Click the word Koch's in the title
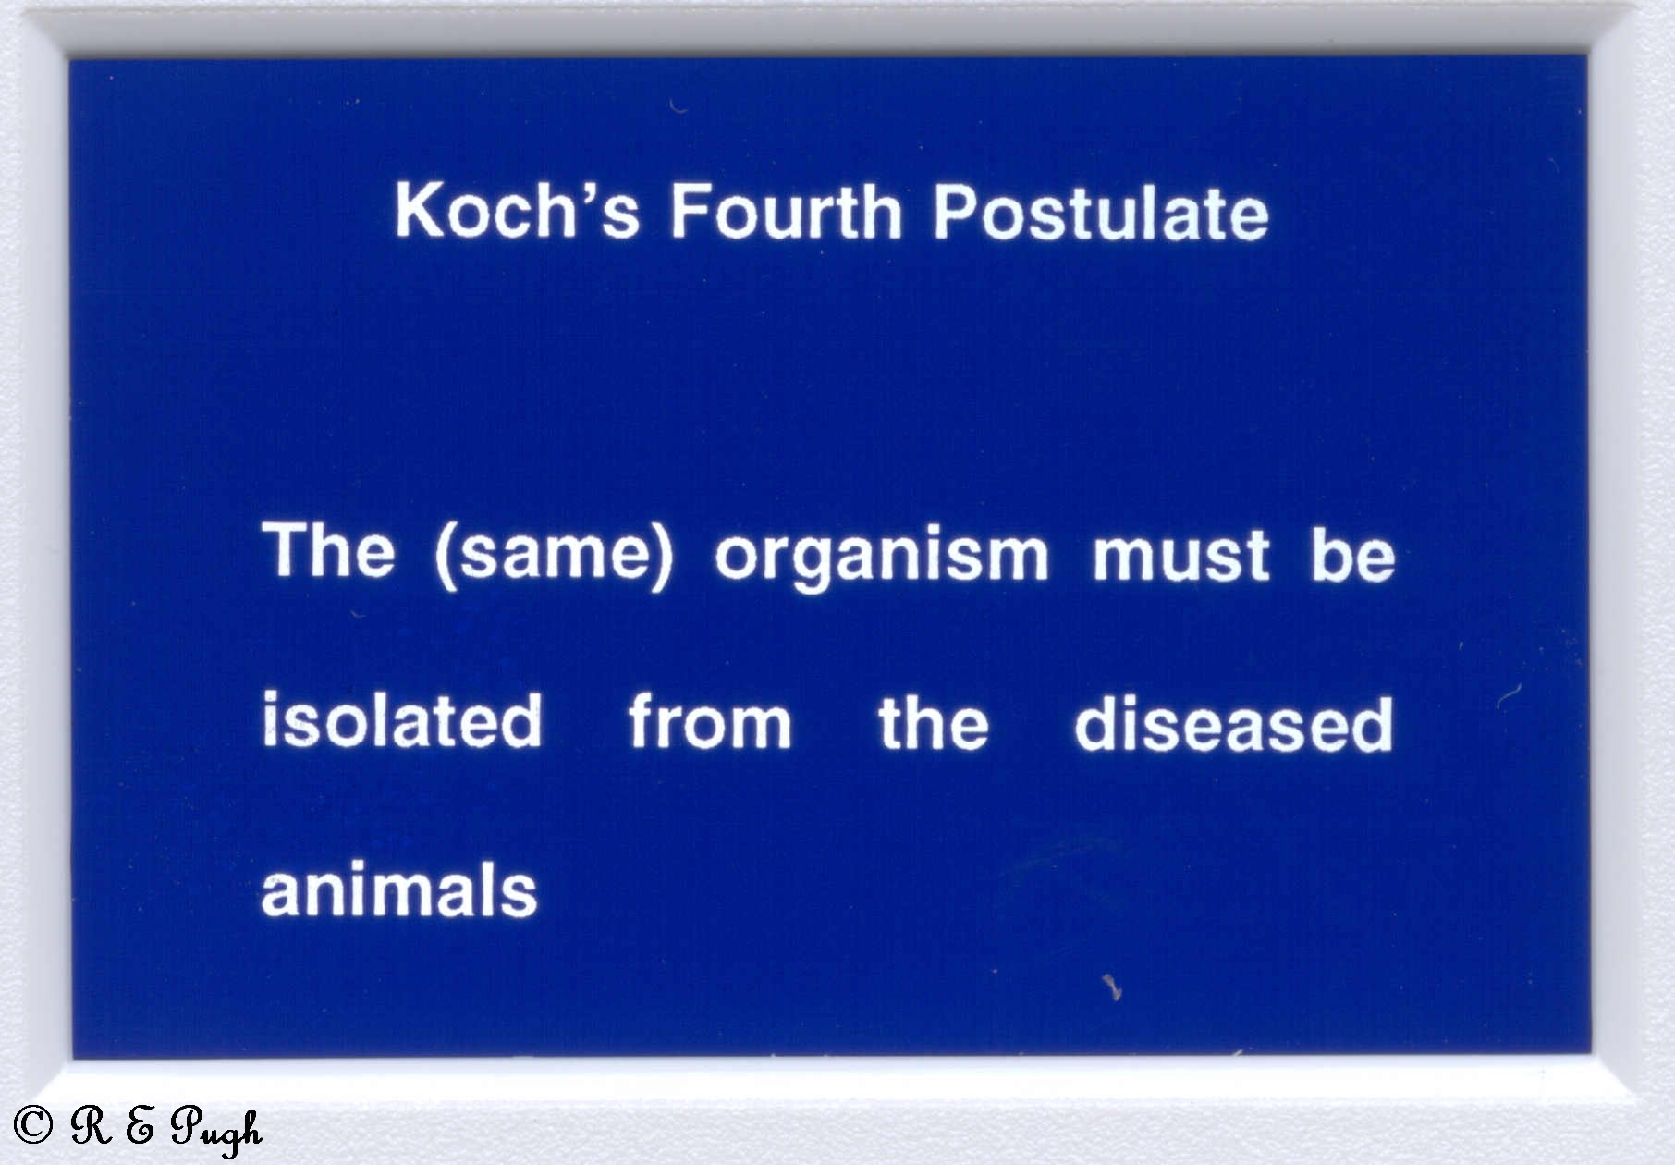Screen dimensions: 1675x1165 (x=518, y=211)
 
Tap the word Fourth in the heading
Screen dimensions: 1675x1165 (x=786, y=211)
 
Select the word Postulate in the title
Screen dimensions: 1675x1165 (x=1101, y=211)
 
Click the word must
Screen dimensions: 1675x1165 (x=1181, y=555)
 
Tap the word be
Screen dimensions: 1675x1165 (x=1353, y=553)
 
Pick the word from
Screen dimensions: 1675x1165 (x=710, y=720)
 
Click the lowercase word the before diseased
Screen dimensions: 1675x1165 (x=933, y=721)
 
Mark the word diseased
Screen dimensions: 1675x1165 (x=1234, y=721)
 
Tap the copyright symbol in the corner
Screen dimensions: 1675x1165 (x=32, y=1124)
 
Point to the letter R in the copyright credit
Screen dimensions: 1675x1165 (x=92, y=1124)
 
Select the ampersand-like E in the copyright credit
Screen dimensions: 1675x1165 (x=140, y=1125)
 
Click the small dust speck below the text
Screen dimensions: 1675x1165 (x=1112, y=987)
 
